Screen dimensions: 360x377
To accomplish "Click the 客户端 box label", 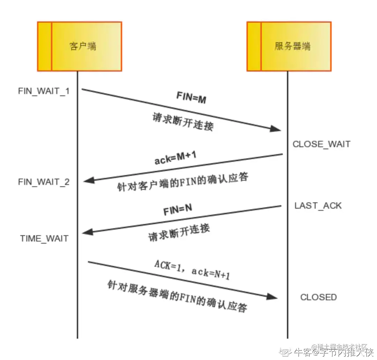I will point(83,46).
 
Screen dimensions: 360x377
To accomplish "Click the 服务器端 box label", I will point(292,46).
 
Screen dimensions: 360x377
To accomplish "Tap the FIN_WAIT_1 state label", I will point(44,91).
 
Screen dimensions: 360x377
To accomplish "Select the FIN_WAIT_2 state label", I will point(44,182).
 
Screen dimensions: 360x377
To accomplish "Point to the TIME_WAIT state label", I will point(44,239).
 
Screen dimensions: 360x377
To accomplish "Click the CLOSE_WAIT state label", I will point(321,144).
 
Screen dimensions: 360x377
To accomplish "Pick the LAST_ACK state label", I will point(318,206).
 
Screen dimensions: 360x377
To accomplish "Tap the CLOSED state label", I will point(318,297).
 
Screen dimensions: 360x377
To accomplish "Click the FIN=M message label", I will point(191,99).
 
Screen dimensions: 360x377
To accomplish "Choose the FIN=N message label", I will point(178,210).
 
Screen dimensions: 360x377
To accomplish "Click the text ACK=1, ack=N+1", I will point(192,269).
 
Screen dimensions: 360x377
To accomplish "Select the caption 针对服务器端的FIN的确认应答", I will point(177,296).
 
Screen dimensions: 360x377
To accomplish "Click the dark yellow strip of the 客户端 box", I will point(45,46).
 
